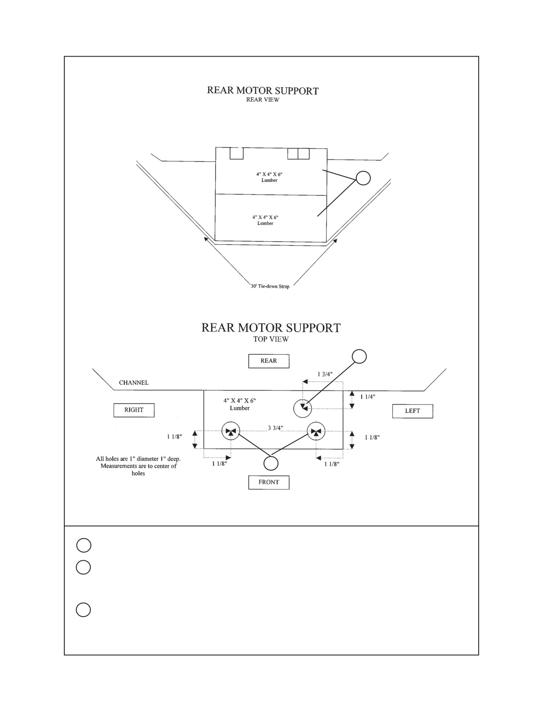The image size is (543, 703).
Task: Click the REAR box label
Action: (269, 361)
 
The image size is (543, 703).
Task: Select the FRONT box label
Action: (269, 482)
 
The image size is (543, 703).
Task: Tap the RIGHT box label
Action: (134, 410)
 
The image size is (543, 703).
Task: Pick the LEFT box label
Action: (412, 411)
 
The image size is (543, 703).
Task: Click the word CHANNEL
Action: (134, 383)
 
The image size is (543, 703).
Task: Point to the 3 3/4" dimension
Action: (276, 428)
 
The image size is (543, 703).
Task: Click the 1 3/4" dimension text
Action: (325, 375)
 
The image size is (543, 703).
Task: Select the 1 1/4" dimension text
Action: (368, 397)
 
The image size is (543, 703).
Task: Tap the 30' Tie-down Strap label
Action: (270, 286)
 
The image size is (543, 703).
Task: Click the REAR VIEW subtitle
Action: (263, 100)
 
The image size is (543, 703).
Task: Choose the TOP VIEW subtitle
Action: (271, 339)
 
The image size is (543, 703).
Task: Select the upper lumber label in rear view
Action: (270, 177)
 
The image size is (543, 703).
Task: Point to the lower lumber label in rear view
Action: (265, 220)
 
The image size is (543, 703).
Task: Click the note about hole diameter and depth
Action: (138, 466)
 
